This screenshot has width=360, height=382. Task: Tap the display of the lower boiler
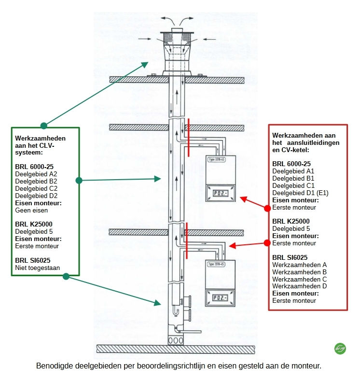click(221, 298)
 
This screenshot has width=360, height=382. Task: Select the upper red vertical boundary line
click(188, 137)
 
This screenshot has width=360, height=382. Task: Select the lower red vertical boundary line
click(186, 240)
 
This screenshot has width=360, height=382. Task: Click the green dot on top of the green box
click(44, 126)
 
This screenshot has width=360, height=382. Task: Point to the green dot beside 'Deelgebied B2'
click(79, 181)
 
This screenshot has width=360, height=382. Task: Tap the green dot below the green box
click(66, 276)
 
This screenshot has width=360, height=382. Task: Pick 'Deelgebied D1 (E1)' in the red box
click(300, 193)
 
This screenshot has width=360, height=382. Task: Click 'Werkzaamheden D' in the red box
click(300, 286)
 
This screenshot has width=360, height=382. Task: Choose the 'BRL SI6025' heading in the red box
click(290, 257)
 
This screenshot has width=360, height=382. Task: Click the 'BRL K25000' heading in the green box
click(34, 224)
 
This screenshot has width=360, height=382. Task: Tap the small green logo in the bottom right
click(340, 348)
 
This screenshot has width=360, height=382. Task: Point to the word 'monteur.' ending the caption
click(306, 366)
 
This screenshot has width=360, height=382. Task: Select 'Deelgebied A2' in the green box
click(36, 173)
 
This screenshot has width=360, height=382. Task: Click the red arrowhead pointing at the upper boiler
click(243, 198)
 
